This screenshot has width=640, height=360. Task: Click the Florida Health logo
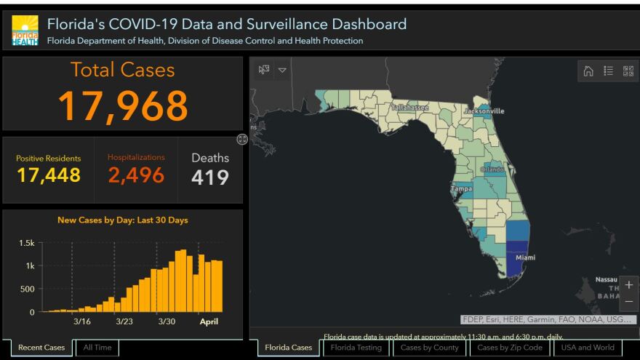point(25,31)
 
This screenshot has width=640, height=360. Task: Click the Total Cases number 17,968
point(122,105)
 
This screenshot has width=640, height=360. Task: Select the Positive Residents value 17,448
point(49,175)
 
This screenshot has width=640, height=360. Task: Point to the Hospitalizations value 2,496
point(136,175)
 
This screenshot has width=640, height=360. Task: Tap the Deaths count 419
point(210,177)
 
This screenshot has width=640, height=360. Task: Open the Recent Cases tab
point(41,348)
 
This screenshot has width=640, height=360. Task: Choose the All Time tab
point(97,348)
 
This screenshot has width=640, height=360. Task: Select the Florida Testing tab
point(356,348)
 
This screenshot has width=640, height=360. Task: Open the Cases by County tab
point(430,348)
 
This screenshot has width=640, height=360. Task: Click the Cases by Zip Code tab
point(510,348)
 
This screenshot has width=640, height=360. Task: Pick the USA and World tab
point(588,348)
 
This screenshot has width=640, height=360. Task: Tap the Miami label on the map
point(525,258)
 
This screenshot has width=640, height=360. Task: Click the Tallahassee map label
point(410,108)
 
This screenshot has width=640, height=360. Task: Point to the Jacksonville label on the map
point(484,111)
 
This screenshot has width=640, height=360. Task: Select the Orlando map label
point(492,169)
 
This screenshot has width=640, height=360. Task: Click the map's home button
point(588,71)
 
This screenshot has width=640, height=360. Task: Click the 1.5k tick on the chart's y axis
point(27,243)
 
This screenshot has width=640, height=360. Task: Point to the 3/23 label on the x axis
point(124,321)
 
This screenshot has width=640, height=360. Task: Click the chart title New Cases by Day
point(122,220)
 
